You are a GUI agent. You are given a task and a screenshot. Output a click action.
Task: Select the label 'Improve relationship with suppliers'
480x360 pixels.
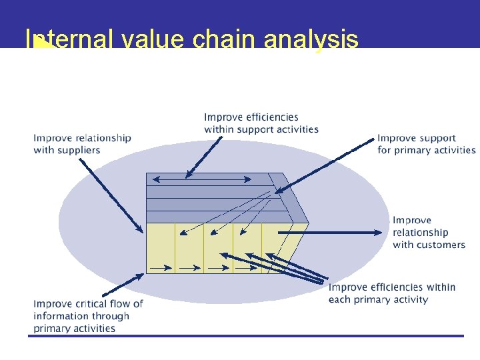point(82,144)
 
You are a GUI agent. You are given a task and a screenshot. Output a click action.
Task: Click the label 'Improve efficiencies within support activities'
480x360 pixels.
point(261,123)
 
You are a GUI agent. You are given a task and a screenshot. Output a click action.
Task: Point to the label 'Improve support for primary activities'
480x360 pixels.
point(426,144)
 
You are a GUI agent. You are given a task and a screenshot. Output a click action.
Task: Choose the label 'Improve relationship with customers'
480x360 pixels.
point(429,232)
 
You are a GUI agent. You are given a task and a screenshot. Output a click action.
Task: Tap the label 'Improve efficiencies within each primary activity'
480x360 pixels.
point(391,293)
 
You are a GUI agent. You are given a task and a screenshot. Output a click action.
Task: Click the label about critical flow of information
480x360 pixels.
point(88,315)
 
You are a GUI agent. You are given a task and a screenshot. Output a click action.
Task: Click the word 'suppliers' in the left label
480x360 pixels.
point(77,150)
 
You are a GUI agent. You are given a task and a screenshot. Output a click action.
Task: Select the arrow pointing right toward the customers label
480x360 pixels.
point(333,232)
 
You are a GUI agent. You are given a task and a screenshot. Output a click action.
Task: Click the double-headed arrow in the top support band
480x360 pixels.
point(202,179)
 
